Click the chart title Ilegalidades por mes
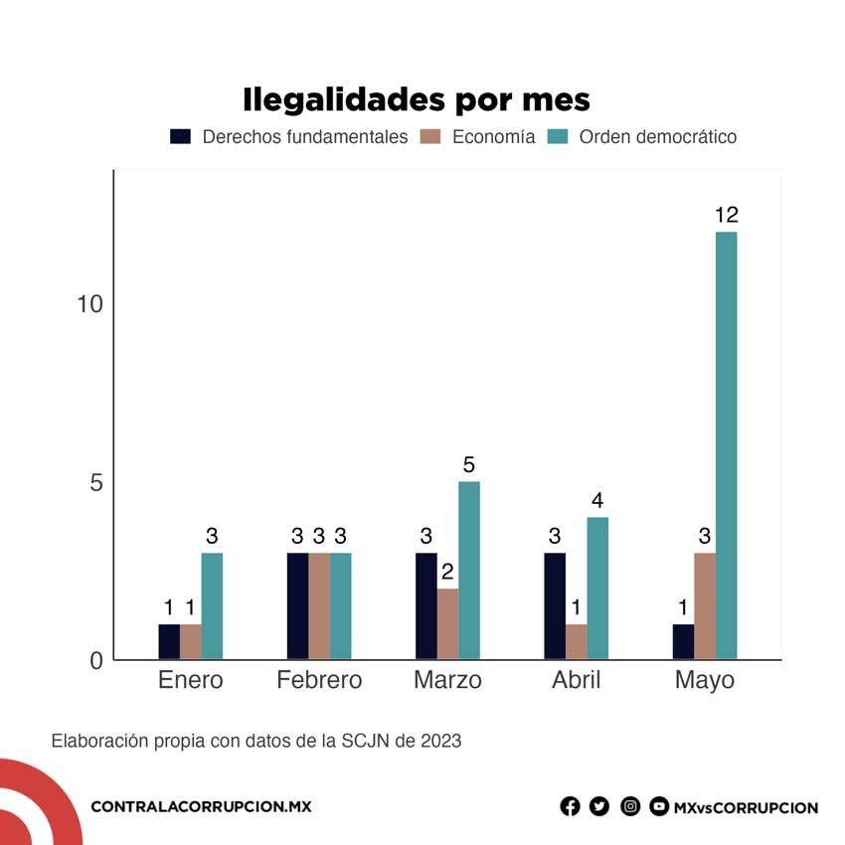pyautogui.click(x=416, y=99)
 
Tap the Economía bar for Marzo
pyautogui.click(x=448, y=623)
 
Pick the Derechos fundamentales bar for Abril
pyautogui.click(x=555, y=605)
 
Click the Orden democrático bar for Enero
pyautogui.click(x=212, y=605)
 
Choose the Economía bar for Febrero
pyautogui.click(x=319, y=605)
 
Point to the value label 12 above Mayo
pyautogui.click(x=726, y=215)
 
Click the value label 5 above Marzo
pyautogui.click(x=469, y=464)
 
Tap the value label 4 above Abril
pyautogui.click(x=597, y=500)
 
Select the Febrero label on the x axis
pyautogui.click(x=319, y=681)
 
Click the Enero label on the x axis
pyautogui.click(x=191, y=681)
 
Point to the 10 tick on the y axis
pyautogui.click(x=90, y=304)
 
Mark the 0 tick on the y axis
pyautogui.click(x=96, y=661)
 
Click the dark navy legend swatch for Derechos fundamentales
pyautogui.click(x=180, y=137)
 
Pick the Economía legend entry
pyautogui.click(x=493, y=137)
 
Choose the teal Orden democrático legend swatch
pyautogui.click(x=558, y=137)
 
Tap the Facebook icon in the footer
pyautogui.click(x=570, y=806)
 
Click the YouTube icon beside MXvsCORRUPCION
pyautogui.click(x=659, y=806)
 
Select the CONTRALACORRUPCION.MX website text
pyautogui.click(x=201, y=806)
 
